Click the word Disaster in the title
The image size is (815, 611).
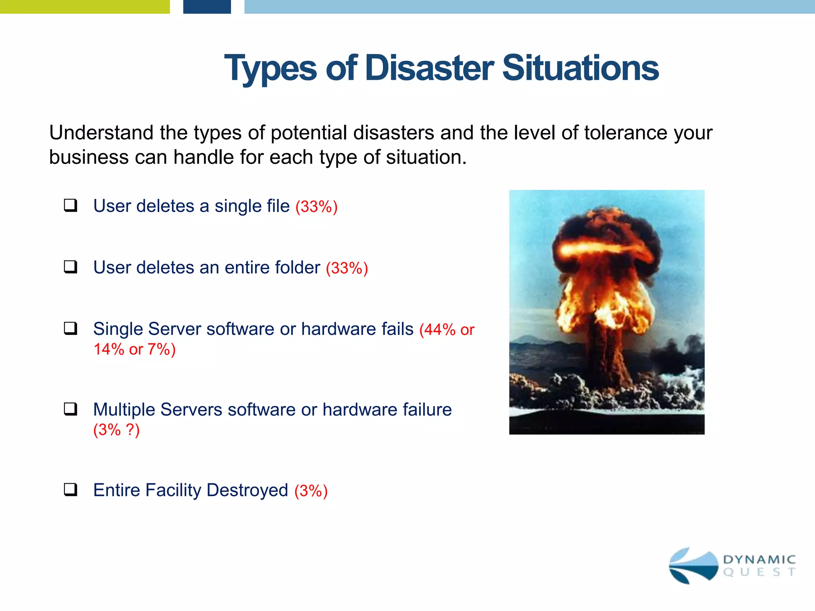point(429,68)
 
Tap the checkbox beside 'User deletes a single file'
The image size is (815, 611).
point(70,206)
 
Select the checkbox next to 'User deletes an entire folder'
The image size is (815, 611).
point(70,267)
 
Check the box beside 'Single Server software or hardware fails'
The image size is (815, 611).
point(70,329)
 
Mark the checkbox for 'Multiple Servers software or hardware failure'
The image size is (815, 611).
point(70,409)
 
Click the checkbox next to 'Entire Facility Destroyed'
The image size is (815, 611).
point(70,489)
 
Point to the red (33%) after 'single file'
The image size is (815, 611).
point(316,207)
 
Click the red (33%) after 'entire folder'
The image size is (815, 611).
point(347,268)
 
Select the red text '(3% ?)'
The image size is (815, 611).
point(116,430)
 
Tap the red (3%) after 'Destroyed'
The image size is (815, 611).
point(311,491)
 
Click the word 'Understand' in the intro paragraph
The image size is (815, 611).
point(101,133)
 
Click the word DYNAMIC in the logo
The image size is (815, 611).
point(759,560)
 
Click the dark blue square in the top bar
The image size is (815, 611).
point(207,7)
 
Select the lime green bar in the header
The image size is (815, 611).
point(85,7)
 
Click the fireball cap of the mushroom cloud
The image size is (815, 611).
point(607,247)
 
